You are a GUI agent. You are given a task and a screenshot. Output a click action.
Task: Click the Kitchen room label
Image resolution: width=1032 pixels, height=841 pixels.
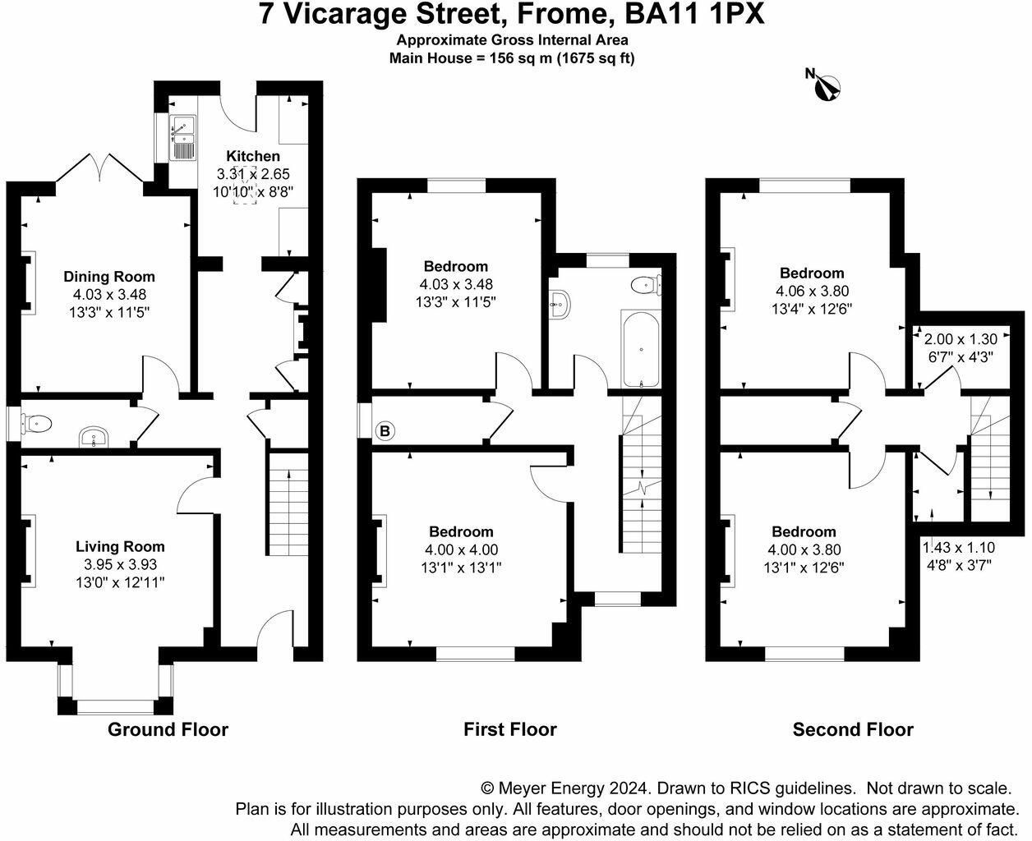point(253,156)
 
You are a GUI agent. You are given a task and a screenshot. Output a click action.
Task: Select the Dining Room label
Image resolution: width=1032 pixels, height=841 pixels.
point(109,277)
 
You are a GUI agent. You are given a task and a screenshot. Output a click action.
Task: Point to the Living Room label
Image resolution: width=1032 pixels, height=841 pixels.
point(120,546)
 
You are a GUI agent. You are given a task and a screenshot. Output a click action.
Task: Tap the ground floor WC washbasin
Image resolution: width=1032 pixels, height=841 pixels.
point(94,437)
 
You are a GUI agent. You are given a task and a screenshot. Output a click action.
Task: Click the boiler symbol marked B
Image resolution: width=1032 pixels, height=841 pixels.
point(385,431)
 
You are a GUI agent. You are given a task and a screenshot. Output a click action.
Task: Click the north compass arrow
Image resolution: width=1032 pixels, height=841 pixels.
point(826,88)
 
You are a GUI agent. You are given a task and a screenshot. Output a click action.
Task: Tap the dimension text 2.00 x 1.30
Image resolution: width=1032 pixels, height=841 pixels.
point(953,339)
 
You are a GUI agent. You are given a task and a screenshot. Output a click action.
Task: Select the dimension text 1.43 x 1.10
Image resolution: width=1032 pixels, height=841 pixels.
point(959,548)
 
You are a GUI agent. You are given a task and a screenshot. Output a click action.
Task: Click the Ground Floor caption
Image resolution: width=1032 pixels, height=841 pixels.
point(168,729)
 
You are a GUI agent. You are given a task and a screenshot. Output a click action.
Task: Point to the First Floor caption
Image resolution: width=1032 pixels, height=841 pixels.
point(510,729)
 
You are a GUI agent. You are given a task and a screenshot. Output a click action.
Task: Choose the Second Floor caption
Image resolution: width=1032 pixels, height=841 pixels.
point(853,729)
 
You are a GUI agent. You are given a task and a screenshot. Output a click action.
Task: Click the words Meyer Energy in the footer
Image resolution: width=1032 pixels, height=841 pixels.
point(551,788)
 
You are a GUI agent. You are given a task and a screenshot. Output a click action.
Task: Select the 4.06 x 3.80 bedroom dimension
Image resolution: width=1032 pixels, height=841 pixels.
point(813,291)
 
